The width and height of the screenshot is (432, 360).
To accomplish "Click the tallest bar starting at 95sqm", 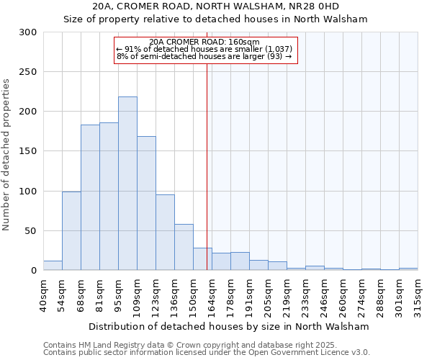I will coord(127,184).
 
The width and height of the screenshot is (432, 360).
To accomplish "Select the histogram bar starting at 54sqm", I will coord(71,231).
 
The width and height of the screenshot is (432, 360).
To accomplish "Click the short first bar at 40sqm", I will coord(53,266).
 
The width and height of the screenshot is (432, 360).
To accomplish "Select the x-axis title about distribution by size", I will coord(230,326).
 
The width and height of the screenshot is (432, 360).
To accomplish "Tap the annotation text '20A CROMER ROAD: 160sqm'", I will coord(206,42).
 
